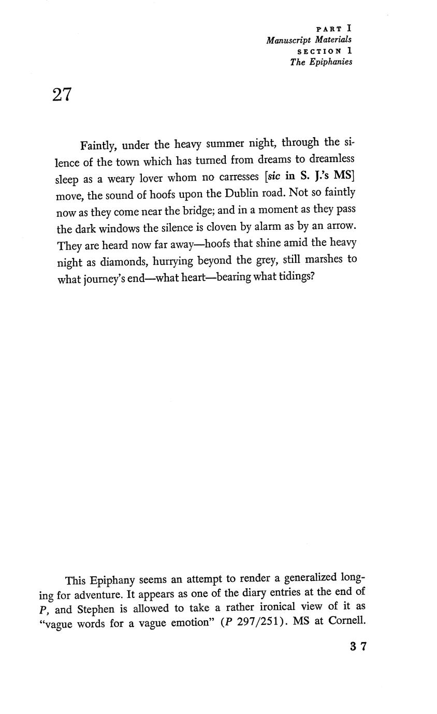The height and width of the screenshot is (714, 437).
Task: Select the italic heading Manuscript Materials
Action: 309,40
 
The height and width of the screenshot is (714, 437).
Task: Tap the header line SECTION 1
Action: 325,51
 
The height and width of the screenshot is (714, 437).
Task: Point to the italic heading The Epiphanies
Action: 321,62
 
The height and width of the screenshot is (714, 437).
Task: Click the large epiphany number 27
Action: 62,95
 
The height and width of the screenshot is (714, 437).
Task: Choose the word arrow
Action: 342,227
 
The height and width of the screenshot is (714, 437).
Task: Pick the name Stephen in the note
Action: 95,608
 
